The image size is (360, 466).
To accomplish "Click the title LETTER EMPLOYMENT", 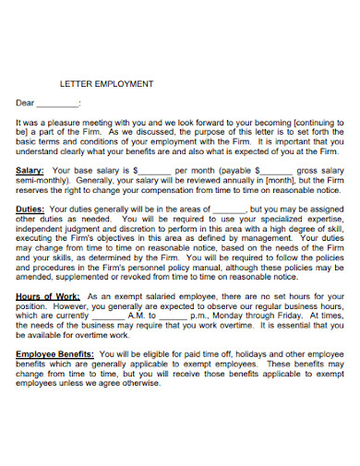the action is point(106,83).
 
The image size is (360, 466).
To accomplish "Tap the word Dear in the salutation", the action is point(26,103).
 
